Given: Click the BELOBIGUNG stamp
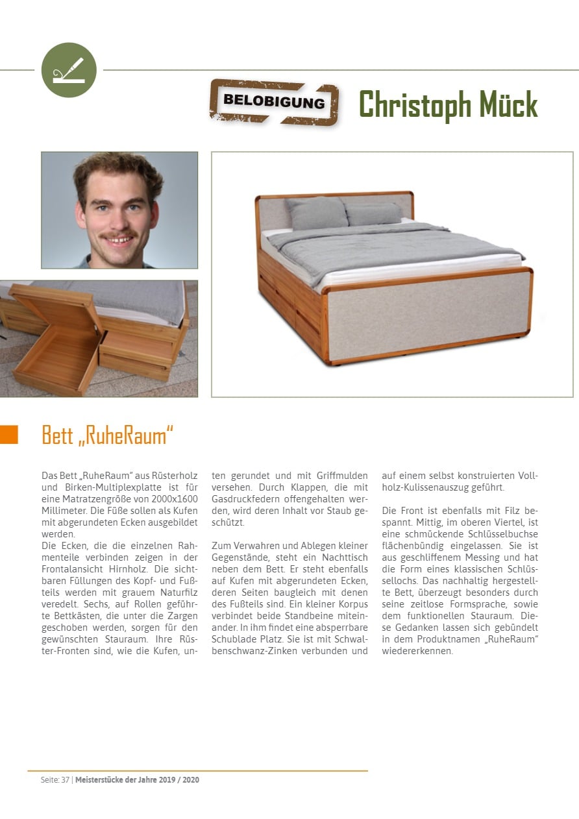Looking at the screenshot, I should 274,102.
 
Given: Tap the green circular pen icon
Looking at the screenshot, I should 69,70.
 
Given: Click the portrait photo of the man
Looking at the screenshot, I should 119,210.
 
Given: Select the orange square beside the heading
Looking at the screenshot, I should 9,435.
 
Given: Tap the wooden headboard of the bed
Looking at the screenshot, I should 334,196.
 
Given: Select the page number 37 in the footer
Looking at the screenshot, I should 66,780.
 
